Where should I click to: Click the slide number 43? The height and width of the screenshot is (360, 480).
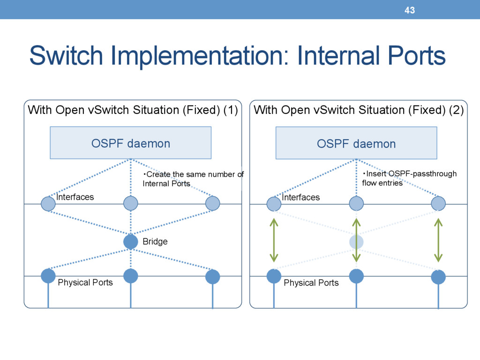click(410, 10)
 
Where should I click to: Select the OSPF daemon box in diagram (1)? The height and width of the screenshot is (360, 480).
click(131, 143)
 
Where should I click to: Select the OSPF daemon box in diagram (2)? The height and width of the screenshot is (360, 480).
click(356, 143)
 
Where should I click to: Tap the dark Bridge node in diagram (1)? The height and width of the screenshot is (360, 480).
click(131, 242)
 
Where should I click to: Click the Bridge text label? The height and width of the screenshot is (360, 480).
click(155, 241)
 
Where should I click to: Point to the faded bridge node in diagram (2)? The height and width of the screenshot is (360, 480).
click(356, 242)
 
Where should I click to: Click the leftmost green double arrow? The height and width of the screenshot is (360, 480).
click(274, 240)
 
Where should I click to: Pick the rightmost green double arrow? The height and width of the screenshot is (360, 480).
click(438, 240)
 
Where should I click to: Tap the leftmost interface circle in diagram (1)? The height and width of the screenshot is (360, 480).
click(48, 203)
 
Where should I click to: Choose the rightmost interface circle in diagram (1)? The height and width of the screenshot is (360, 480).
click(213, 203)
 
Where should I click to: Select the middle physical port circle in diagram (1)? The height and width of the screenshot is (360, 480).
click(131, 276)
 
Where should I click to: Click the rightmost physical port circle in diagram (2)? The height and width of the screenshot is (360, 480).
click(438, 277)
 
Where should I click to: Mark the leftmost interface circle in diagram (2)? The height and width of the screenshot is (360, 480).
click(274, 204)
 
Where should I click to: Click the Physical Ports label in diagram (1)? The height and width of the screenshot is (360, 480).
click(85, 282)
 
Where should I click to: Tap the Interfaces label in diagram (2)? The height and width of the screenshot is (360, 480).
click(301, 197)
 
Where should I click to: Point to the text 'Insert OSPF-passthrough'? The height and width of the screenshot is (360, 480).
click(410, 173)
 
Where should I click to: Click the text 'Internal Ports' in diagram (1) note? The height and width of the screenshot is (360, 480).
click(166, 183)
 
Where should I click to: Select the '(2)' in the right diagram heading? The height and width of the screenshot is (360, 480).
click(457, 110)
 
